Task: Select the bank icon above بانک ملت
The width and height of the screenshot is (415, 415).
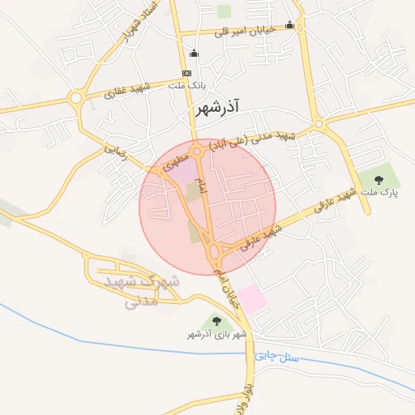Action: [187, 73]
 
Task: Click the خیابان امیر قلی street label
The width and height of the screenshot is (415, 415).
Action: [245, 30]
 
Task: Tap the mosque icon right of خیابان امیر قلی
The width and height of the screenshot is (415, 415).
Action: [289, 25]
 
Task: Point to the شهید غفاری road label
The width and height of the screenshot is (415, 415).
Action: [130, 89]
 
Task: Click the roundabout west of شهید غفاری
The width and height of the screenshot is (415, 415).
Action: [76, 98]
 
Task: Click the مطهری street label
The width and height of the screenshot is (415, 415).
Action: [178, 158]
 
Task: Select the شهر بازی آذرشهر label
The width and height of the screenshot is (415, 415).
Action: [216, 334]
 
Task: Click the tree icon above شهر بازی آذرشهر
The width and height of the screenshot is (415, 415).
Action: [216, 321]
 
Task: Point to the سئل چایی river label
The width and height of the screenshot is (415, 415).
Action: [277, 355]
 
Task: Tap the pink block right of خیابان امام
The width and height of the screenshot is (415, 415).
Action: [252, 300]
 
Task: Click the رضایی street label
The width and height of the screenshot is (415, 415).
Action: [116, 151]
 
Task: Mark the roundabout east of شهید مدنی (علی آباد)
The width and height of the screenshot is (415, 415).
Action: [320, 124]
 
